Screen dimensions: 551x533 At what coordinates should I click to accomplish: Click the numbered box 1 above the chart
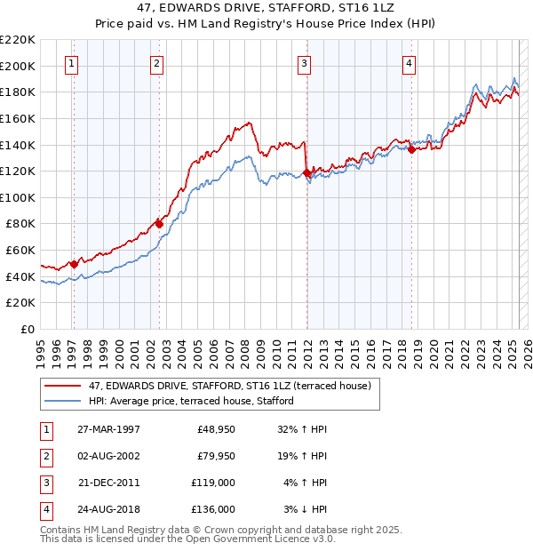pos(70,63)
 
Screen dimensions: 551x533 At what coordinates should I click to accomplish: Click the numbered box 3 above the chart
pos(304,63)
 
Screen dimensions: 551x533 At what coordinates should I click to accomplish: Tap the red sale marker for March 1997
pos(75,264)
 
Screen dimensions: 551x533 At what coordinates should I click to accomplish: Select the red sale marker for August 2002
pos(159,224)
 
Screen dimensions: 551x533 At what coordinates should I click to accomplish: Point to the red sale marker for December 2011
pos(306,172)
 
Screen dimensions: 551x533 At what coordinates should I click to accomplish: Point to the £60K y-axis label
pos(21,251)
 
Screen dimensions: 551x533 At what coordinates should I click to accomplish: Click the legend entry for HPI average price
pos(191,401)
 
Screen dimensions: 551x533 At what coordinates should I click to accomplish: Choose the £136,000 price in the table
pos(213,509)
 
